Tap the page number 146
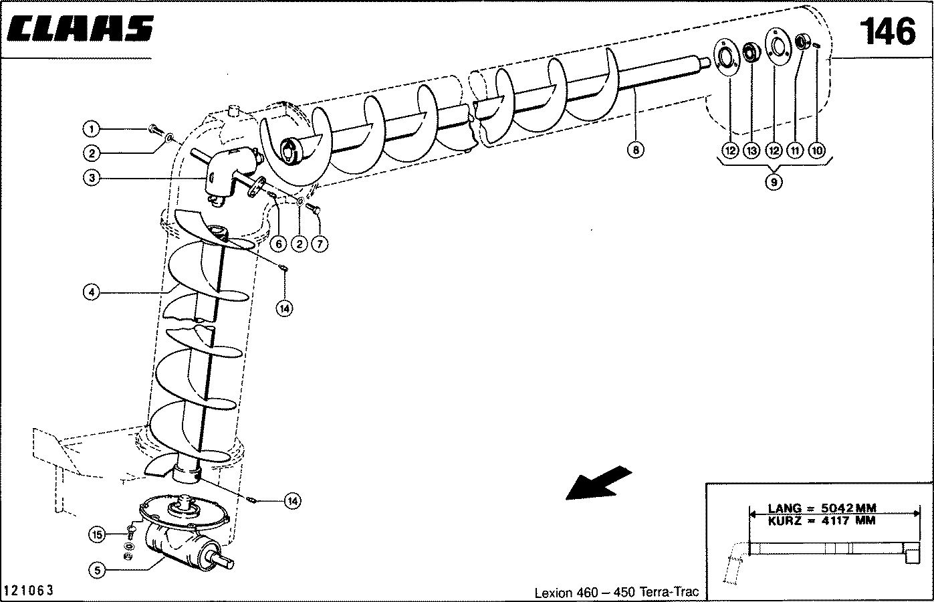point(887,31)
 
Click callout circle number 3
point(92,179)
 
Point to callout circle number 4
point(92,292)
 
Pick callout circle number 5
point(98,570)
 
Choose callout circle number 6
point(280,244)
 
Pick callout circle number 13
point(751,150)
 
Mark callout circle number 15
point(98,534)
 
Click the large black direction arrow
point(599,482)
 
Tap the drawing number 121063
point(29,591)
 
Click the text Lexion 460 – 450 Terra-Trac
point(616,592)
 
